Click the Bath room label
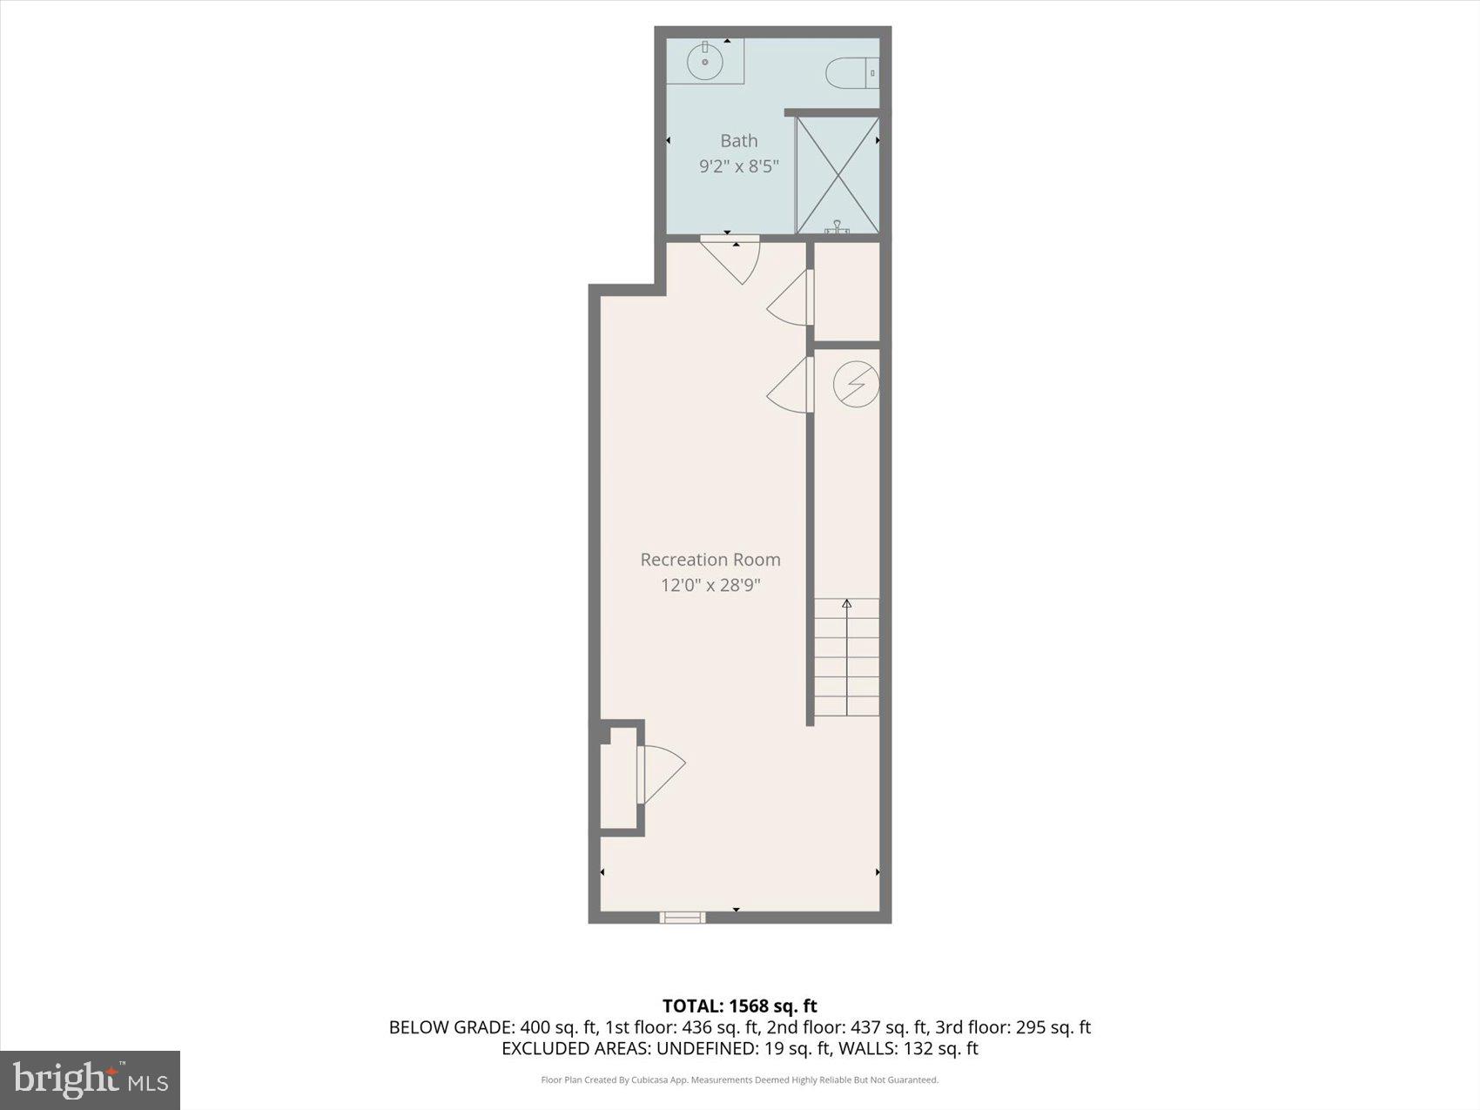pos(738,140)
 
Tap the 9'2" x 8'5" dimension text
pos(738,165)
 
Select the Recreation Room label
pos(710,560)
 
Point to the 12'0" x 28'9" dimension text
pos(710,585)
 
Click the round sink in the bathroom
pos(704,61)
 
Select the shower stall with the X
pos(838,175)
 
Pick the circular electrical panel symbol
pos(856,384)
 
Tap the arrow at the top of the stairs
pos(847,602)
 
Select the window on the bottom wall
pos(683,916)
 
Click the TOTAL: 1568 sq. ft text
pos(739,1006)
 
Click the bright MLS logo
pos(91,1080)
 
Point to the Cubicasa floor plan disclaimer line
pos(739,1080)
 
